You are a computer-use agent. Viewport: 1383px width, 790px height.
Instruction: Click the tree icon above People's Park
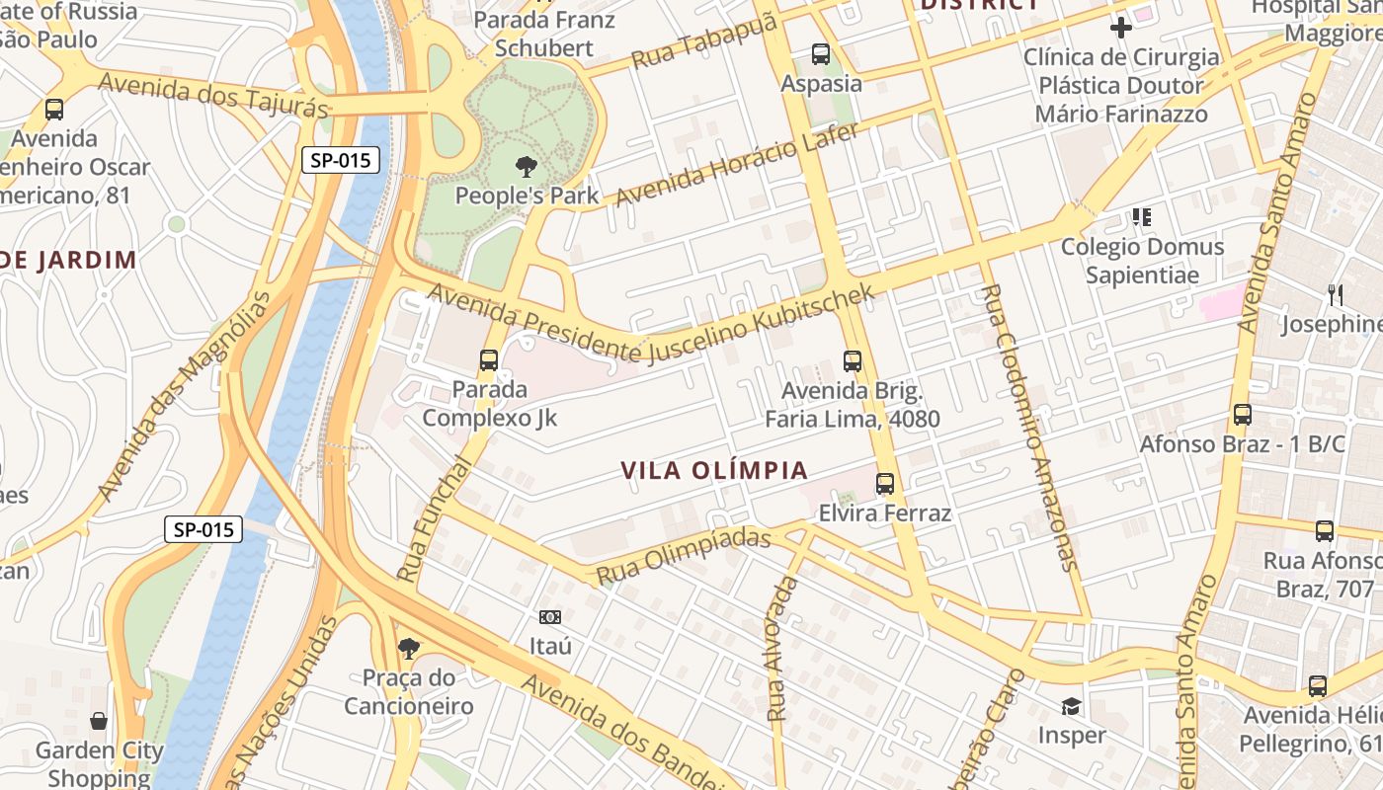[527, 167]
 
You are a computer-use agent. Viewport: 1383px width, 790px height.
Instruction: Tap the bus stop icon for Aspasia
[821, 54]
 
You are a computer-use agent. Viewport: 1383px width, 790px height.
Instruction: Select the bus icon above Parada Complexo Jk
[489, 360]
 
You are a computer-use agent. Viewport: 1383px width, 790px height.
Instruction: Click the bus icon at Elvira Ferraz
[885, 484]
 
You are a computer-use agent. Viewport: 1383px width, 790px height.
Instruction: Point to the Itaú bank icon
[550, 617]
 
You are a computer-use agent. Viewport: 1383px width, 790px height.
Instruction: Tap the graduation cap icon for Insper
[1071, 706]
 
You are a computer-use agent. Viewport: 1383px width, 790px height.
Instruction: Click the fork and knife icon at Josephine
[1336, 294]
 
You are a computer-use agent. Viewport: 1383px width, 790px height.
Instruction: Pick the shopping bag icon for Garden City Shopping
[98, 721]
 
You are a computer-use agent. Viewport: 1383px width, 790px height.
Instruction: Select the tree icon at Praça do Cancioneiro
[408, 649]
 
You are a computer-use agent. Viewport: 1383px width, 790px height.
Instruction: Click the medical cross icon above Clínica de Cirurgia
[1121, 27]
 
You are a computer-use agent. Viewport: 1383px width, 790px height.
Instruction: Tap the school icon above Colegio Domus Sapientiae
[1142, 216]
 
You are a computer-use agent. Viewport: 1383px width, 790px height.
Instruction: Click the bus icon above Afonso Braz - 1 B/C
[1243, 415]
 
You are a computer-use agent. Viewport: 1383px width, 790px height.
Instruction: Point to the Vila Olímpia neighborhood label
[715, 470]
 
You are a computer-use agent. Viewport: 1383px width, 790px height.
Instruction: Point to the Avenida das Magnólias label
[183, 395]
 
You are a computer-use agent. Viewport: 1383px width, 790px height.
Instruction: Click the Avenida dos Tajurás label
[212, 96]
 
